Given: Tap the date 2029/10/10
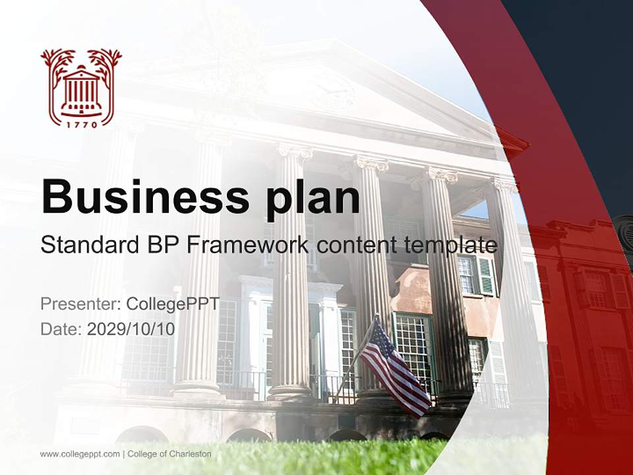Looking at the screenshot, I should [x=131, y=329].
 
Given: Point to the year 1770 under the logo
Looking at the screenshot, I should [x=81, y=123].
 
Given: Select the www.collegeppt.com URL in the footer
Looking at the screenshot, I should [x=80, y=454].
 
